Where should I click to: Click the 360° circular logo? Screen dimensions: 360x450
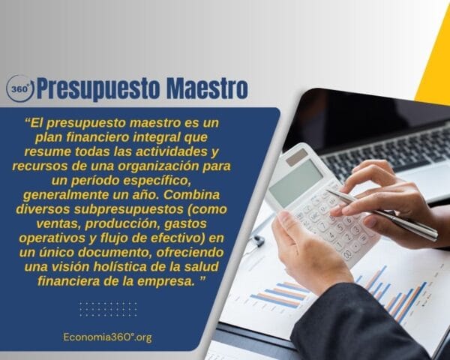20,88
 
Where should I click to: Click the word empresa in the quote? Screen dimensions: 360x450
178,281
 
